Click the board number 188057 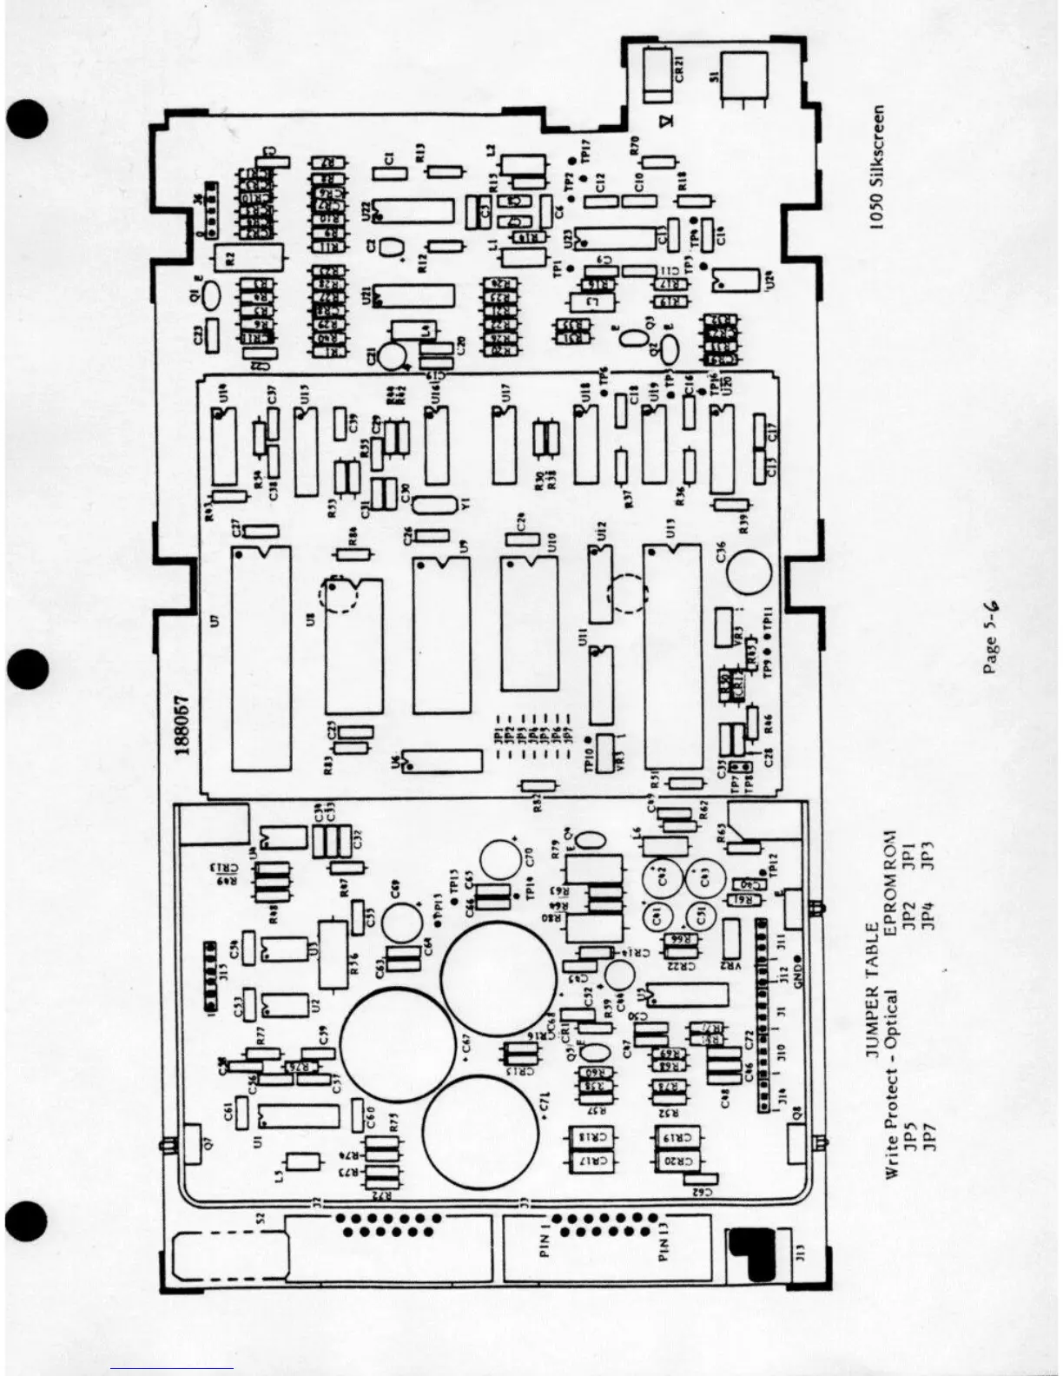tap(183, 725)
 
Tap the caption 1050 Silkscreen tap(878, 168)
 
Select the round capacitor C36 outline tap(749, 572)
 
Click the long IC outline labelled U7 tap(261, 658)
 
